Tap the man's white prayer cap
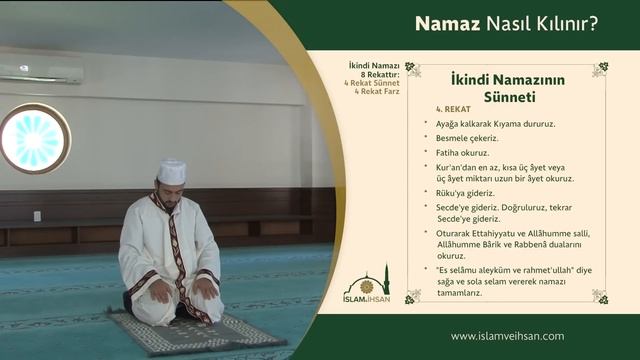click(172, 171)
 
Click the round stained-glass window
click(34, 139)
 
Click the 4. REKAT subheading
click(453, 109)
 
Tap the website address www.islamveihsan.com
click(507, 336)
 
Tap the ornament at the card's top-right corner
click(599, 69)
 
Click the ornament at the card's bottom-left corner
click(412, 296)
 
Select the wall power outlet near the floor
click(37, 216)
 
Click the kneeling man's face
click(172, 189)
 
